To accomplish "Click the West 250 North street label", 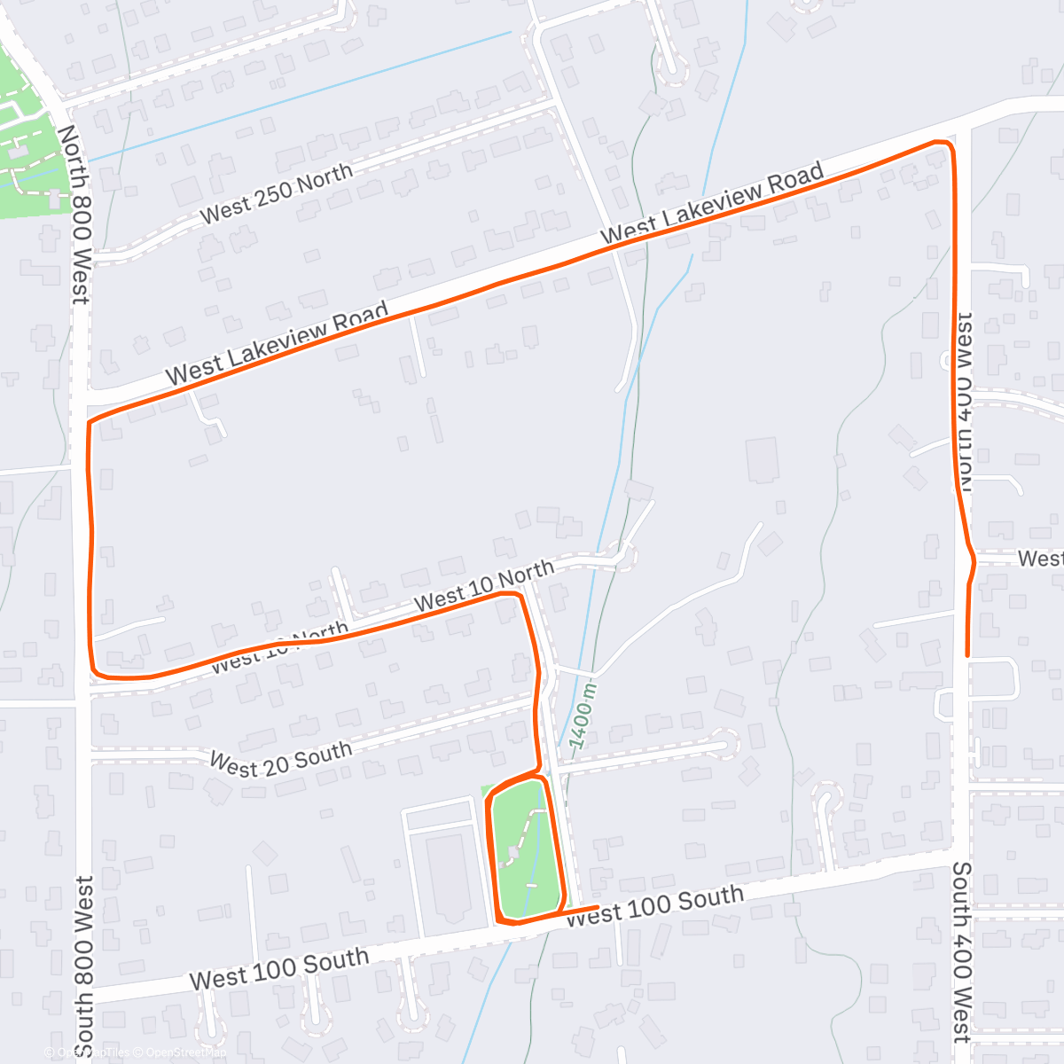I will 276,193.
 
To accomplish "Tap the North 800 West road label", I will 75,214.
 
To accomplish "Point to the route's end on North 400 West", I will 966,654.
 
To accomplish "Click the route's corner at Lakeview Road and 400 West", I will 949,144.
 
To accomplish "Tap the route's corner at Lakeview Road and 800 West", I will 90,422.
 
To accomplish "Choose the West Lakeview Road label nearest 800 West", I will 277,341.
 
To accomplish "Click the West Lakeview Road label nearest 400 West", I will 712,202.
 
